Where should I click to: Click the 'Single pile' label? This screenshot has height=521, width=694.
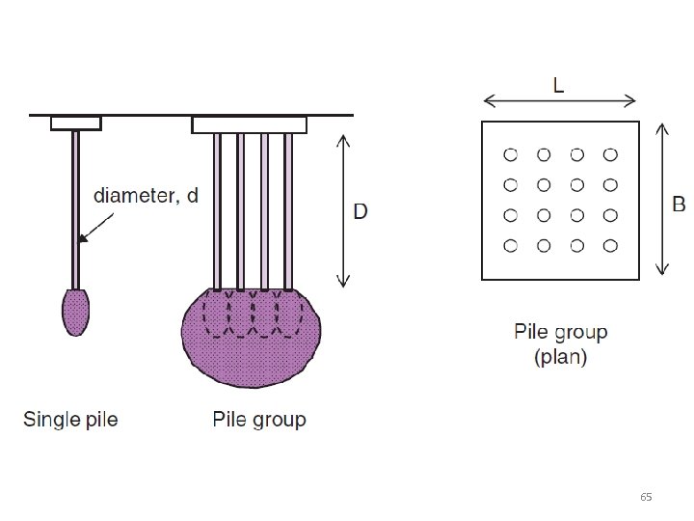coord(70,420)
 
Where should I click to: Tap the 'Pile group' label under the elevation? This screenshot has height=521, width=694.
coord(259,420)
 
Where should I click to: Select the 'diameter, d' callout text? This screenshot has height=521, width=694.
coord(146,196)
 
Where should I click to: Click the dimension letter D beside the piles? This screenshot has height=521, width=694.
coord(360,211)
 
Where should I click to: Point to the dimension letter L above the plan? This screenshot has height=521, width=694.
coord(559,85)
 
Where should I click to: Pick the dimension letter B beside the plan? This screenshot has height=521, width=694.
coord(679,204)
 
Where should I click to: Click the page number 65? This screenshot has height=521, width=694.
coord(646,497)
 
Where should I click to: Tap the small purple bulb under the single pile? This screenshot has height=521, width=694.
coord(76,311)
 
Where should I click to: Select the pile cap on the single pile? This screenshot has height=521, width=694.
coord(75,123)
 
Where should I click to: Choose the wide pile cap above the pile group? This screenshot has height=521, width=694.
coord(249,124)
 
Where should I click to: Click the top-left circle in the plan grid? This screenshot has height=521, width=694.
coord(511,154)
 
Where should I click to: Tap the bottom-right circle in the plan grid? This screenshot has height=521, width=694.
coord(609,245)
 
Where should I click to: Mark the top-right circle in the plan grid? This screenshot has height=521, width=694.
coord(609,154)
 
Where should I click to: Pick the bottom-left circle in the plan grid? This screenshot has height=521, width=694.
coord(511,245)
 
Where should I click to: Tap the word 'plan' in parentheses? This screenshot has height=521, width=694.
coord(560,358)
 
